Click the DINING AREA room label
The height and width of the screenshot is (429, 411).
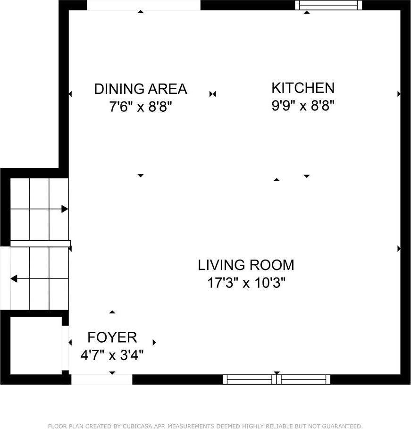pyautogui.click(x=141, y=89)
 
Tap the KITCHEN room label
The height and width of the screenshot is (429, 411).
pyautogui.click(x=302, y=88)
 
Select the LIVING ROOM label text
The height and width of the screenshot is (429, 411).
pyautogui.click(x=246, y=265)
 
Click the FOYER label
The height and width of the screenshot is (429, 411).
pyautogui.click(x=112, y=337)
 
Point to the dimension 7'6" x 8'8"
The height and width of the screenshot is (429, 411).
pyautogui.click(x=140, y=107)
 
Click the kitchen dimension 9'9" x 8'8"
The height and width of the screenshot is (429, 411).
pyautogui.click(x=302, y=106)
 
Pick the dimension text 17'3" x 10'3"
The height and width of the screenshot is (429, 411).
pyautogui.click(x=246, y=283)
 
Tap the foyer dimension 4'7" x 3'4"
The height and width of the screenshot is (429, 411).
pyautogui.click(x=112, y=355)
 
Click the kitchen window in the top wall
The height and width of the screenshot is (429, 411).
pyautogui.click(x=328, y=5)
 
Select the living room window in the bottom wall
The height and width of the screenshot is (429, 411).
pyautogui.click(x=277, y=379)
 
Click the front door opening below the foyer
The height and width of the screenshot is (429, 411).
pyautogui.click(x=101, y=379)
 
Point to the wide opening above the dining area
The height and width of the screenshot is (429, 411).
pyautogui.click(x=143, y=5)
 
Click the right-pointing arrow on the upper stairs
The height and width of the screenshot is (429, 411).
pyautogui.click(x=65, y=209)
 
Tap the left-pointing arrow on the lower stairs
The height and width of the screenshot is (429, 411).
pyautogui.click(x=14, y=278)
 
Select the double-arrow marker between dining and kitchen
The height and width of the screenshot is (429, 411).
pyautogui.click(x=212, y=94)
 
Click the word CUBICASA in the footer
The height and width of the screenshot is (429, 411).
pyautogui.click(x=129, y=426)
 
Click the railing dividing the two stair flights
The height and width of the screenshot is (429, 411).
pyautogui.click(x=40, y=244)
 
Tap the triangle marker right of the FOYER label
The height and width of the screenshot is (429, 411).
pyautogui.click(x=154, y=342)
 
